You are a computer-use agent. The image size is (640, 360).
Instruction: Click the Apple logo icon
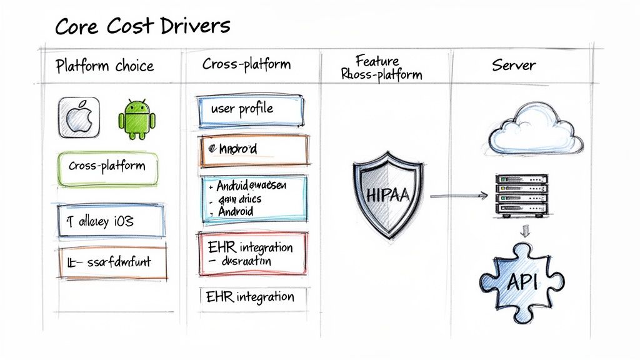pos(79,117)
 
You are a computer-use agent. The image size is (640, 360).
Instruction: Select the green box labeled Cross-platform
pos(107,167)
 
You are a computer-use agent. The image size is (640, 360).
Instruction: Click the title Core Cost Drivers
pos(142,26)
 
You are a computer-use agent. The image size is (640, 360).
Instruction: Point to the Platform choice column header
pos(104,66)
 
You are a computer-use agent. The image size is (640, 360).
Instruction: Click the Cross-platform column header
pos(246,64)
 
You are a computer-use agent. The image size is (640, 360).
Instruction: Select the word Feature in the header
pos(377,61)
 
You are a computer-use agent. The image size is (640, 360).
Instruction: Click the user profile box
pos(250,110)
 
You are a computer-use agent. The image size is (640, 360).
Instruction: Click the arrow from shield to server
pos(458,197)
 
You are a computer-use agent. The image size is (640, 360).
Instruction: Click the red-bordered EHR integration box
pos(252,253)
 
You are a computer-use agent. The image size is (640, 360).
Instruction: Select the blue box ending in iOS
pos(111,221)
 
